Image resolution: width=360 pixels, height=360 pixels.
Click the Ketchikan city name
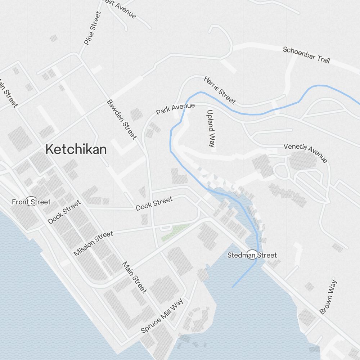[76, 149]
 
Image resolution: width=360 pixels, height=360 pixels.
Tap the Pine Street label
[92, 28]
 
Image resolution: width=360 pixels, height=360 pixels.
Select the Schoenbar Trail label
[306, 55]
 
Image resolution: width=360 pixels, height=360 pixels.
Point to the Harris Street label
[220, 90]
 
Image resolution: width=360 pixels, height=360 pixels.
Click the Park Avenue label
[175, 109]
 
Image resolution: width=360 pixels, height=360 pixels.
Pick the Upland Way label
[211, 129]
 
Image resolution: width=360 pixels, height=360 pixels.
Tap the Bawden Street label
[122, 119]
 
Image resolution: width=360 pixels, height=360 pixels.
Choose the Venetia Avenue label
[305, 153]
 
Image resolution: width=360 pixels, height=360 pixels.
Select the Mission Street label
[93, 244]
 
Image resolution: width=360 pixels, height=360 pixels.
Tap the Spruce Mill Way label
[162, 316]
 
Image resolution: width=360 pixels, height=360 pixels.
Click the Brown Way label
[328, 297]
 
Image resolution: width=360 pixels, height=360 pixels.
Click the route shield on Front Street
[31, 202]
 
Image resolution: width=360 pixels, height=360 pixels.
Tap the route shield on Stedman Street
[252, 255]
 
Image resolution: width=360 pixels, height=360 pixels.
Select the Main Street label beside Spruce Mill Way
[134, 277]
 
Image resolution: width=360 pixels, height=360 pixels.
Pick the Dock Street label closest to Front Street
[64, 213]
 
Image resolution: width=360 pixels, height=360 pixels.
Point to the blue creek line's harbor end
[233, 287]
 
